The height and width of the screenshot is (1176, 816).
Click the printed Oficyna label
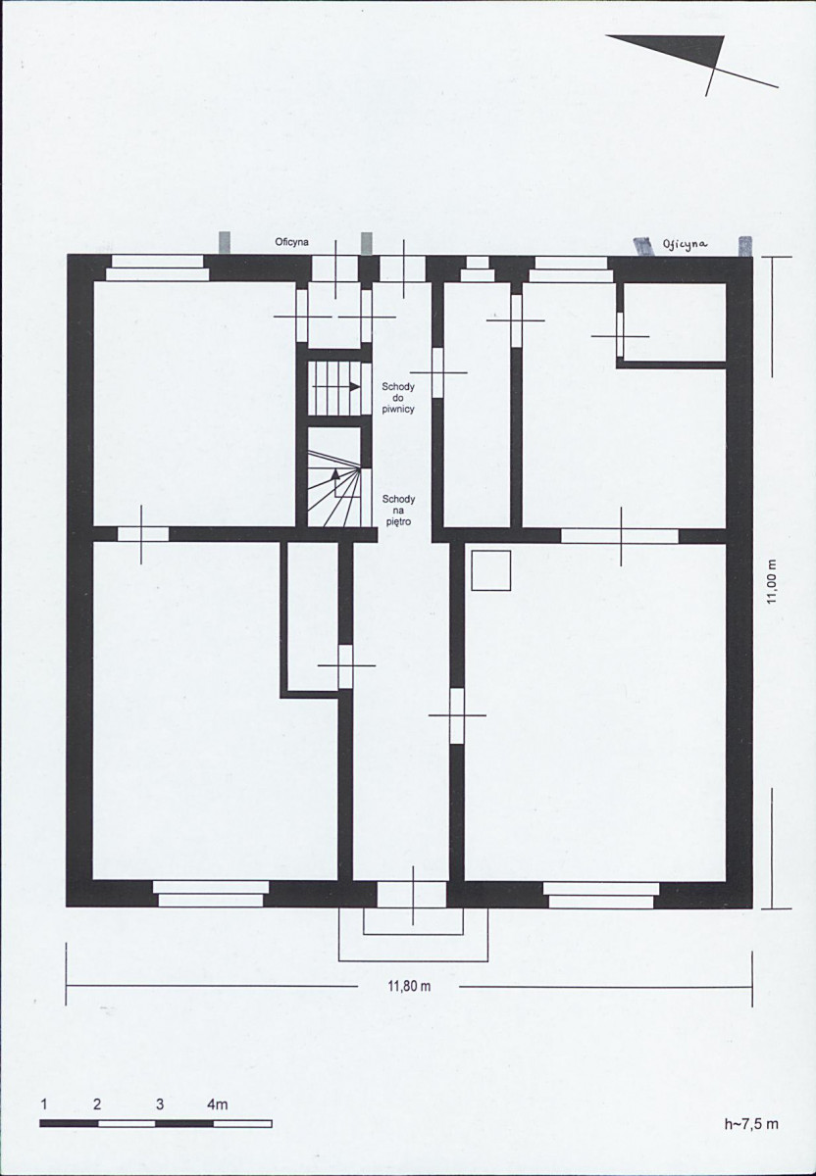click(x=291, y=243)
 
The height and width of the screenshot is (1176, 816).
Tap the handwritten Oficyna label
click(x=685, y=244)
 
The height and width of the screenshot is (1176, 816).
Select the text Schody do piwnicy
click(x=398, y=398)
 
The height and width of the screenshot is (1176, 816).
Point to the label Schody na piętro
click(x=398, y=511)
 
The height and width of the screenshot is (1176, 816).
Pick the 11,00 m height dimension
click(x=771, y=582)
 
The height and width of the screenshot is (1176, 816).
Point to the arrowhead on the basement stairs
click(x=355, y=386)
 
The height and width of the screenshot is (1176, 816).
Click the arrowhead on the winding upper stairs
click(x=335, y=473)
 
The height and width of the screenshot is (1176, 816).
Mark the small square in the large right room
click(x=491, y=570)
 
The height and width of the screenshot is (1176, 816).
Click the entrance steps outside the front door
click(x=414, y=936)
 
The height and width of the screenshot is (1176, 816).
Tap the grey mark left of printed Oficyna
click(x=225, y=243)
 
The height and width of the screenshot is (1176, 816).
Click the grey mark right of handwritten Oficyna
click(x=745, y=246)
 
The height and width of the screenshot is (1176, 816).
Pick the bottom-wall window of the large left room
click(x=211, y=894)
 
